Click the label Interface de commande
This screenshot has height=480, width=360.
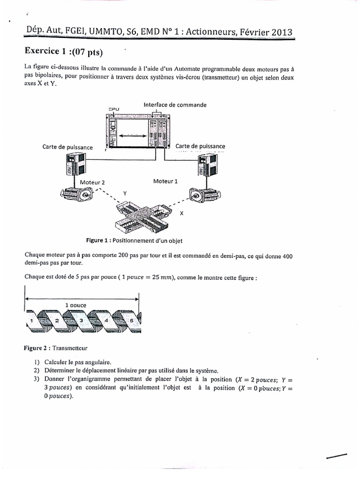[x=175, y=105]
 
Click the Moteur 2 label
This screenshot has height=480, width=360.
[x=92, y=182]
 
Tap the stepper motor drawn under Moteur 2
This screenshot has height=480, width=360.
[x=75, y=193]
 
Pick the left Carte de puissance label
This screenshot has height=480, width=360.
[x=67, y=147]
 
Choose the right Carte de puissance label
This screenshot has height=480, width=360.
[x=200, y=146]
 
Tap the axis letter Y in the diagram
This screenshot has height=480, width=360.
[x=124, y=193]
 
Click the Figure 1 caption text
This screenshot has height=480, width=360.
[x=137, y=240]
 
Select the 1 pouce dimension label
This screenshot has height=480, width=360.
[x=75, y=305]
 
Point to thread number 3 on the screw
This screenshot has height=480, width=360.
[x=81, y=320]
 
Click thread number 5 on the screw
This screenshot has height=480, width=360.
[x=132, y=320]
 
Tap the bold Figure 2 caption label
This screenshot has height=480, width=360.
[x=37, y=348]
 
